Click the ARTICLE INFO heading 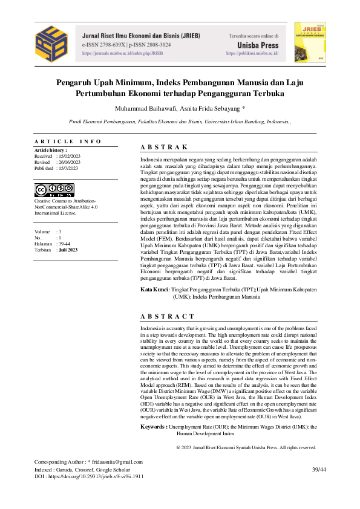tap(68, 141)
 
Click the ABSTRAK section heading tap(163, 148)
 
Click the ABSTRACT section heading tap(168, 316)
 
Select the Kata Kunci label tap(154, 290)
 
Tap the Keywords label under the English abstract tap(154, 427)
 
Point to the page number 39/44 tap(318, 470)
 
